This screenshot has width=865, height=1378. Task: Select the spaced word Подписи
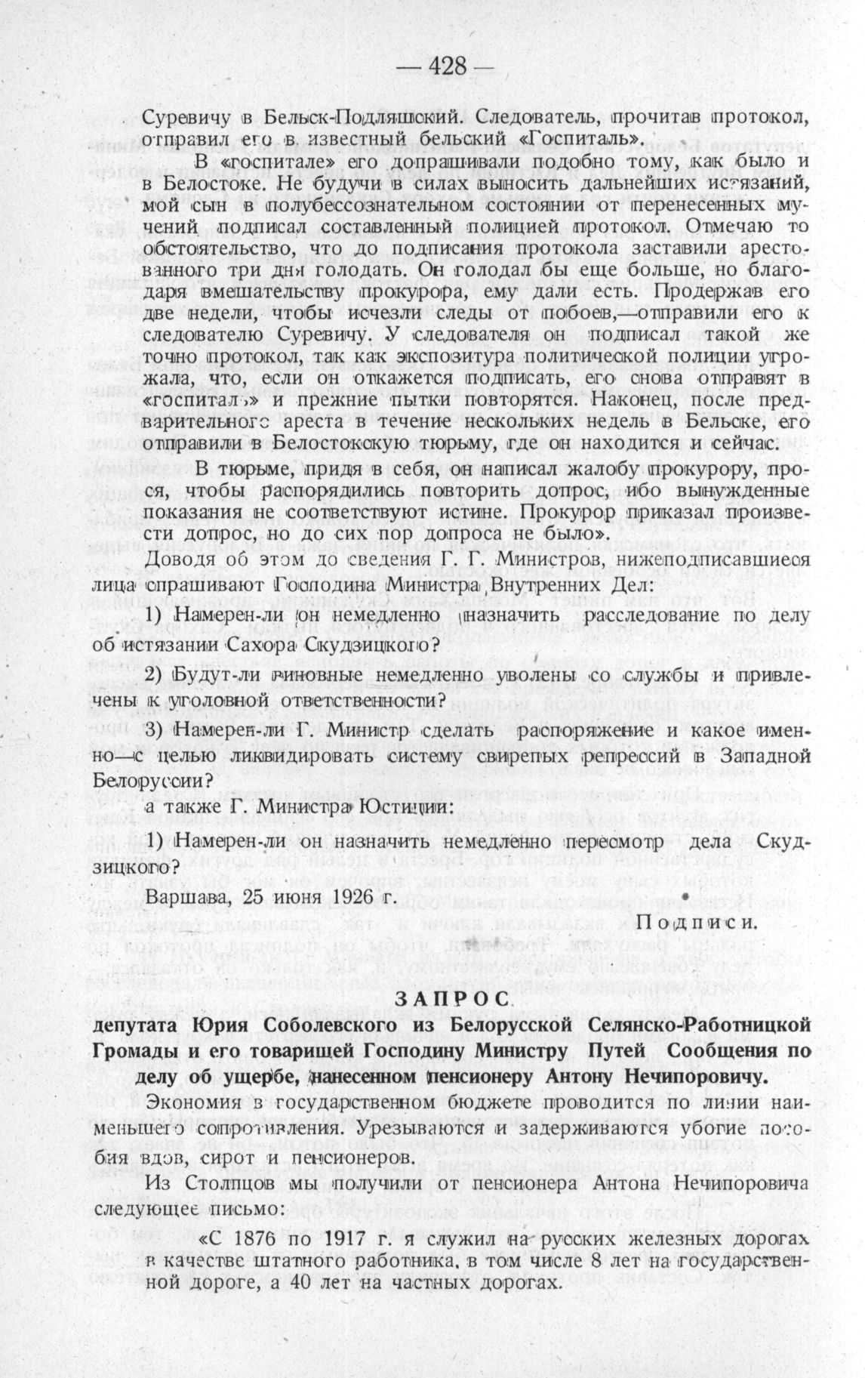696,923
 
